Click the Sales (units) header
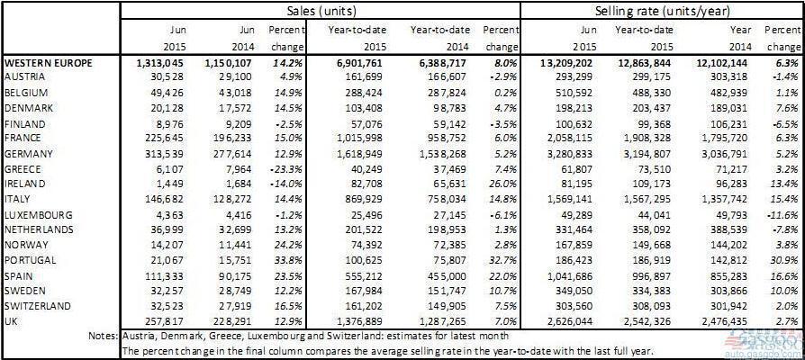pos(320,11)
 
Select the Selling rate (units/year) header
pos(663,11)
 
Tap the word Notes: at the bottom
pos(100,336)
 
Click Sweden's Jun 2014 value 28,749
pos(233,291)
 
